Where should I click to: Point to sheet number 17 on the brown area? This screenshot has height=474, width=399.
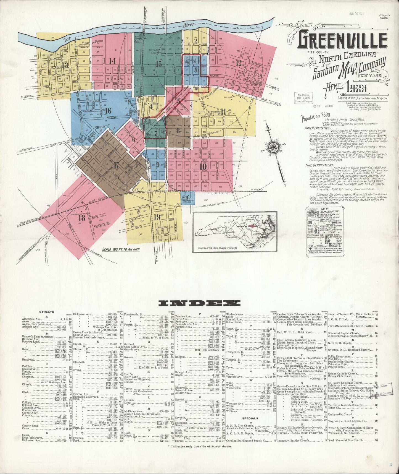(117, 165)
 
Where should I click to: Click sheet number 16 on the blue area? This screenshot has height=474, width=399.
(108, 111)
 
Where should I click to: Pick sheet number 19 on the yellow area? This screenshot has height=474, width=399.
(157, 217)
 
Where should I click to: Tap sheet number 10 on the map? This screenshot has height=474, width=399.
(203, 166)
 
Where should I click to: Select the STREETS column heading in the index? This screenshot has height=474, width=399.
(47, 312)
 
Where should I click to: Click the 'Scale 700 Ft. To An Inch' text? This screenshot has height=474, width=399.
(121, 249)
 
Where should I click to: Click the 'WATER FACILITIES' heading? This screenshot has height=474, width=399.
(317, 128)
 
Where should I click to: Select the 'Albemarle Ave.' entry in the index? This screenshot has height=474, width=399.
(32, 319)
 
